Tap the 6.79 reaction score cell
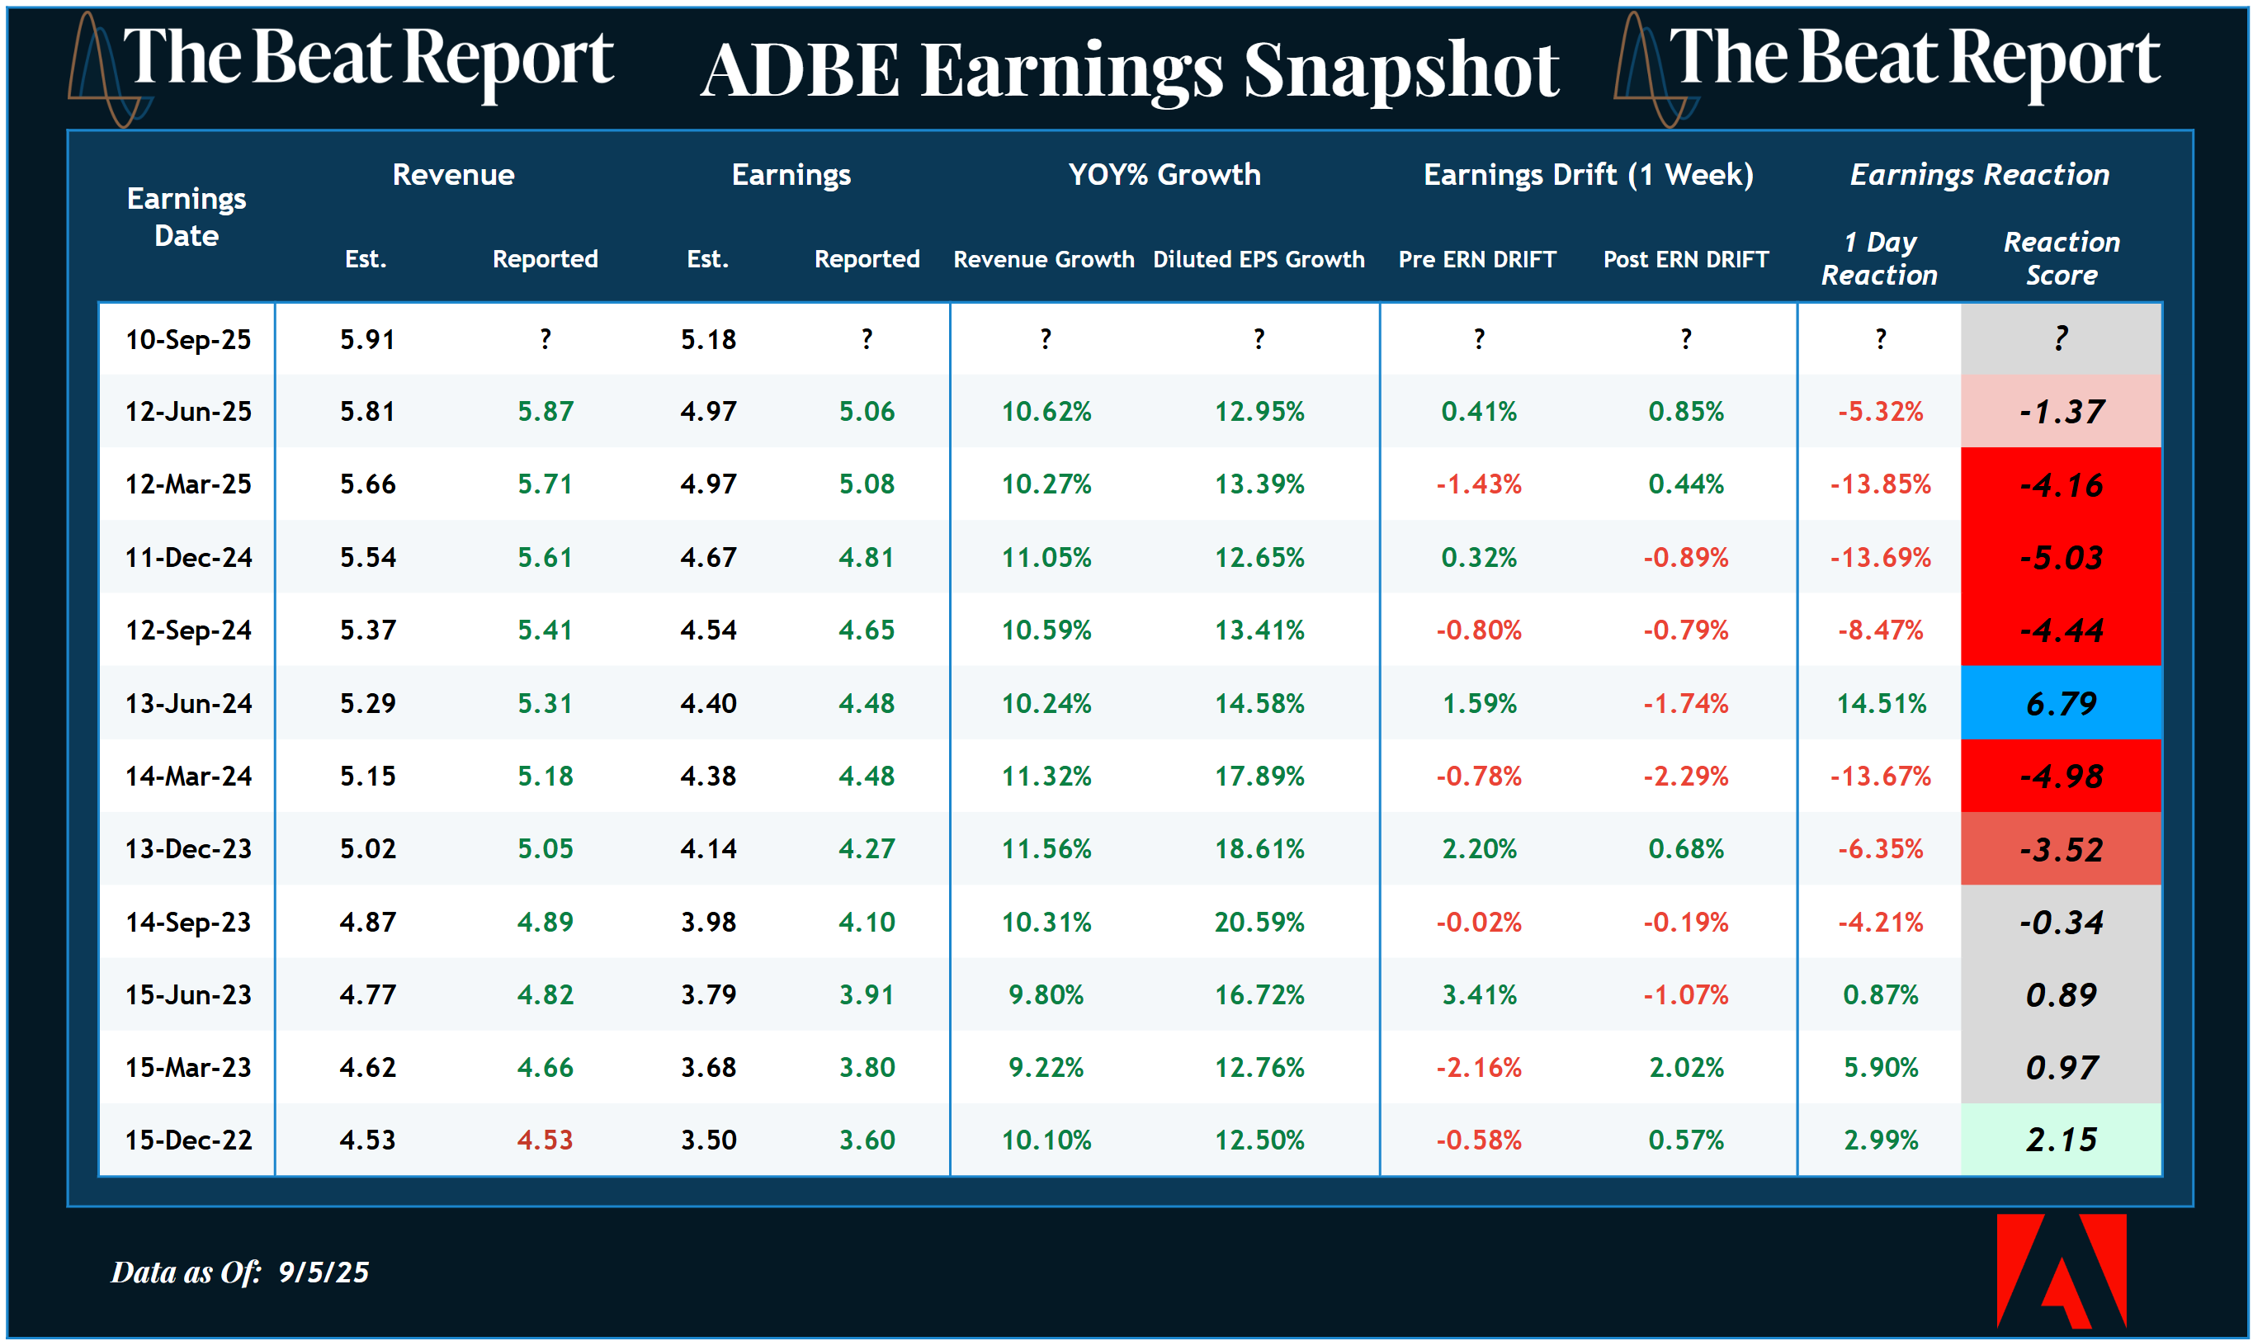click(2060, 703)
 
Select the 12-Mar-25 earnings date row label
click(188, 484)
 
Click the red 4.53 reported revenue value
click(544, 1140)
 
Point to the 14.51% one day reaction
click(1880, 703)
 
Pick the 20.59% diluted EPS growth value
click(1258, 922)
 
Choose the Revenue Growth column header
click(1043, 259)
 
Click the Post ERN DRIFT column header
click(1684, 259)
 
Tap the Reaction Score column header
click(2061, 258)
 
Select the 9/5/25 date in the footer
click(324, 1273)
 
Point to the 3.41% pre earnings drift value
click(1479, 995)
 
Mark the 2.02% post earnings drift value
click(1685, 1067)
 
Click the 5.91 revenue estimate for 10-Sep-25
click(367, 340)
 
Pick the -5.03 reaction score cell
click(2060, 558)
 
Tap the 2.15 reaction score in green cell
click(2060, 1140)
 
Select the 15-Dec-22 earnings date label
click(188, 1140)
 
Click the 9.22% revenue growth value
click(1046, 1067)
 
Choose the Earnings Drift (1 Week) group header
click(1587, 174)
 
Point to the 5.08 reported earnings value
click(866, 484)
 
